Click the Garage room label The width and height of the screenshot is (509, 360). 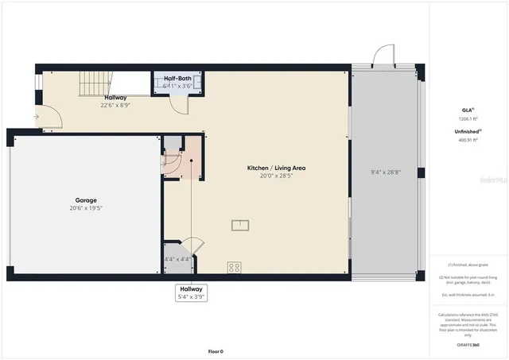coord(86,200)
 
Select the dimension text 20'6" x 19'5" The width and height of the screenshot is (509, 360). coord(86,208)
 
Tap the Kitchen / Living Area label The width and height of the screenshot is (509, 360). coord(276,168)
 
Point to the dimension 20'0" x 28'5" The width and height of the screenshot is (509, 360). coord(276,176)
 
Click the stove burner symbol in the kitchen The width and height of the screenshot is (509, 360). coord(235,268)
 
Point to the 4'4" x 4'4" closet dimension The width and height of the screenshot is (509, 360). coord(177,259)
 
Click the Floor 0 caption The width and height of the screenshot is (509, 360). coord(216,350)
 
